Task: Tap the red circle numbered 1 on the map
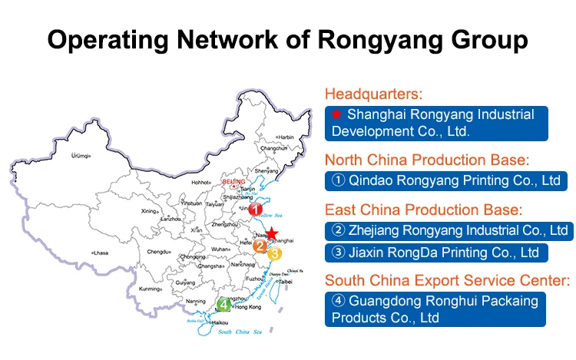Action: click(257, 209)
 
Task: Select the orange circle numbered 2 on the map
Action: click(261, 246)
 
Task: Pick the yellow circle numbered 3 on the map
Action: click(275, 253)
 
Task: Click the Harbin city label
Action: click(285, 137)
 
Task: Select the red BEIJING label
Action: click(233, 181)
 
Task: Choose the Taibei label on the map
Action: click(284, 281)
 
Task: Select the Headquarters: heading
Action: click(374, 94)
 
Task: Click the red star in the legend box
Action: click(336, 114)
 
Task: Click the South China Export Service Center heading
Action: click(447, 280)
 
